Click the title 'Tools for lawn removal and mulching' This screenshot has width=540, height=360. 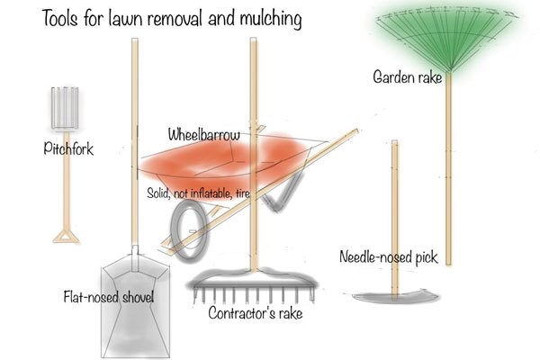(172, 17)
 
